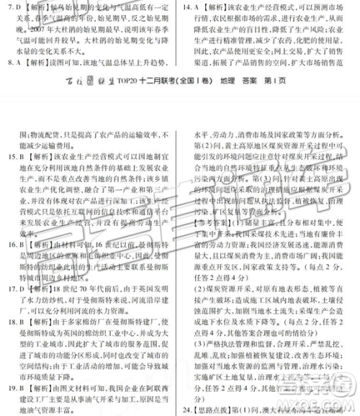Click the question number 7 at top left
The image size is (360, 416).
click(6, 7)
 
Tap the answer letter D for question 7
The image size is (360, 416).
click(16, 7)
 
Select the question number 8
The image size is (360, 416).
click(6, 63)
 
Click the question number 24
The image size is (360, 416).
click(189, 410)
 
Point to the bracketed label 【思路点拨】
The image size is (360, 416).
click(215, 410)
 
